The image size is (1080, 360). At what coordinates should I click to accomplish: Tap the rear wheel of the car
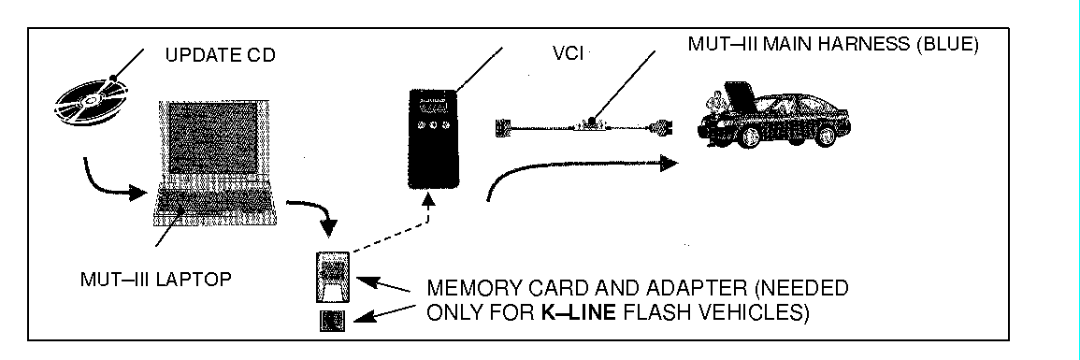[826, 136]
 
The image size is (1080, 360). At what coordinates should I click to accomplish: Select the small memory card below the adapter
[332, 321]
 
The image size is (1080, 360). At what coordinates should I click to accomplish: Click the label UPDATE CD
[220, 56]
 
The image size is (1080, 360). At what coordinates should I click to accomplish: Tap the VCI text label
[567, 53]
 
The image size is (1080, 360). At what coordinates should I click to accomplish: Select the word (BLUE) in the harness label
[955, 45]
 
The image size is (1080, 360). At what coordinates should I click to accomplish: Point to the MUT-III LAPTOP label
[155, 281]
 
